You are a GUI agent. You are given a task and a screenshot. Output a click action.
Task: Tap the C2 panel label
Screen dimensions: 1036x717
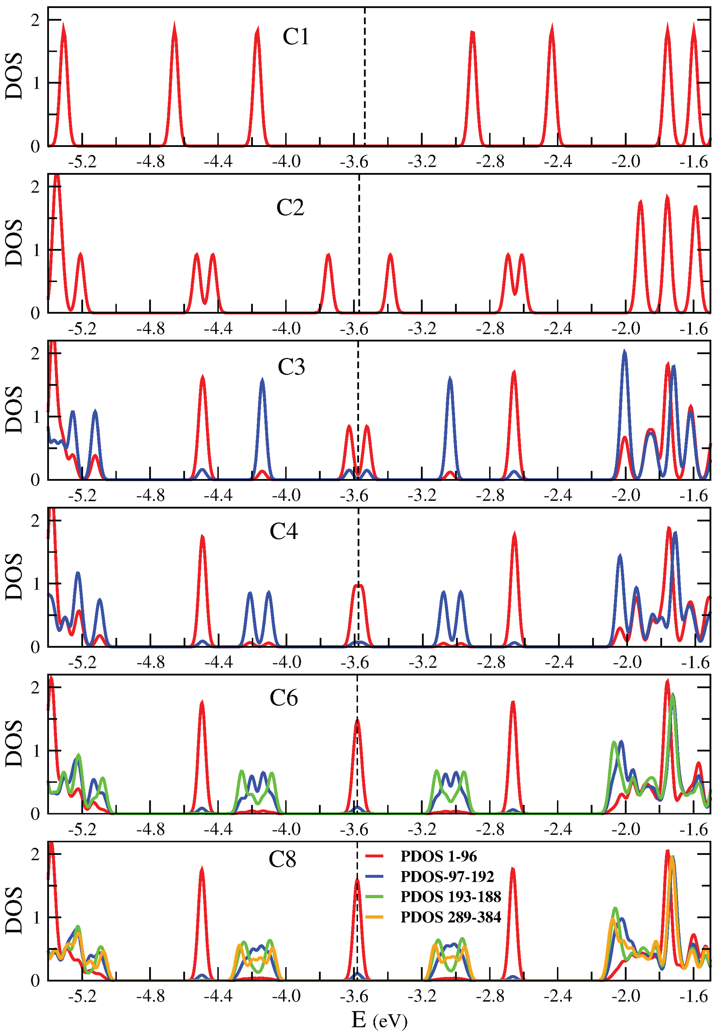click(x=290, y=208)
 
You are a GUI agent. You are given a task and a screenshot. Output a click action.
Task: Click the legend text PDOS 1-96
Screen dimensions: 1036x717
click(x=438, y=857)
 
